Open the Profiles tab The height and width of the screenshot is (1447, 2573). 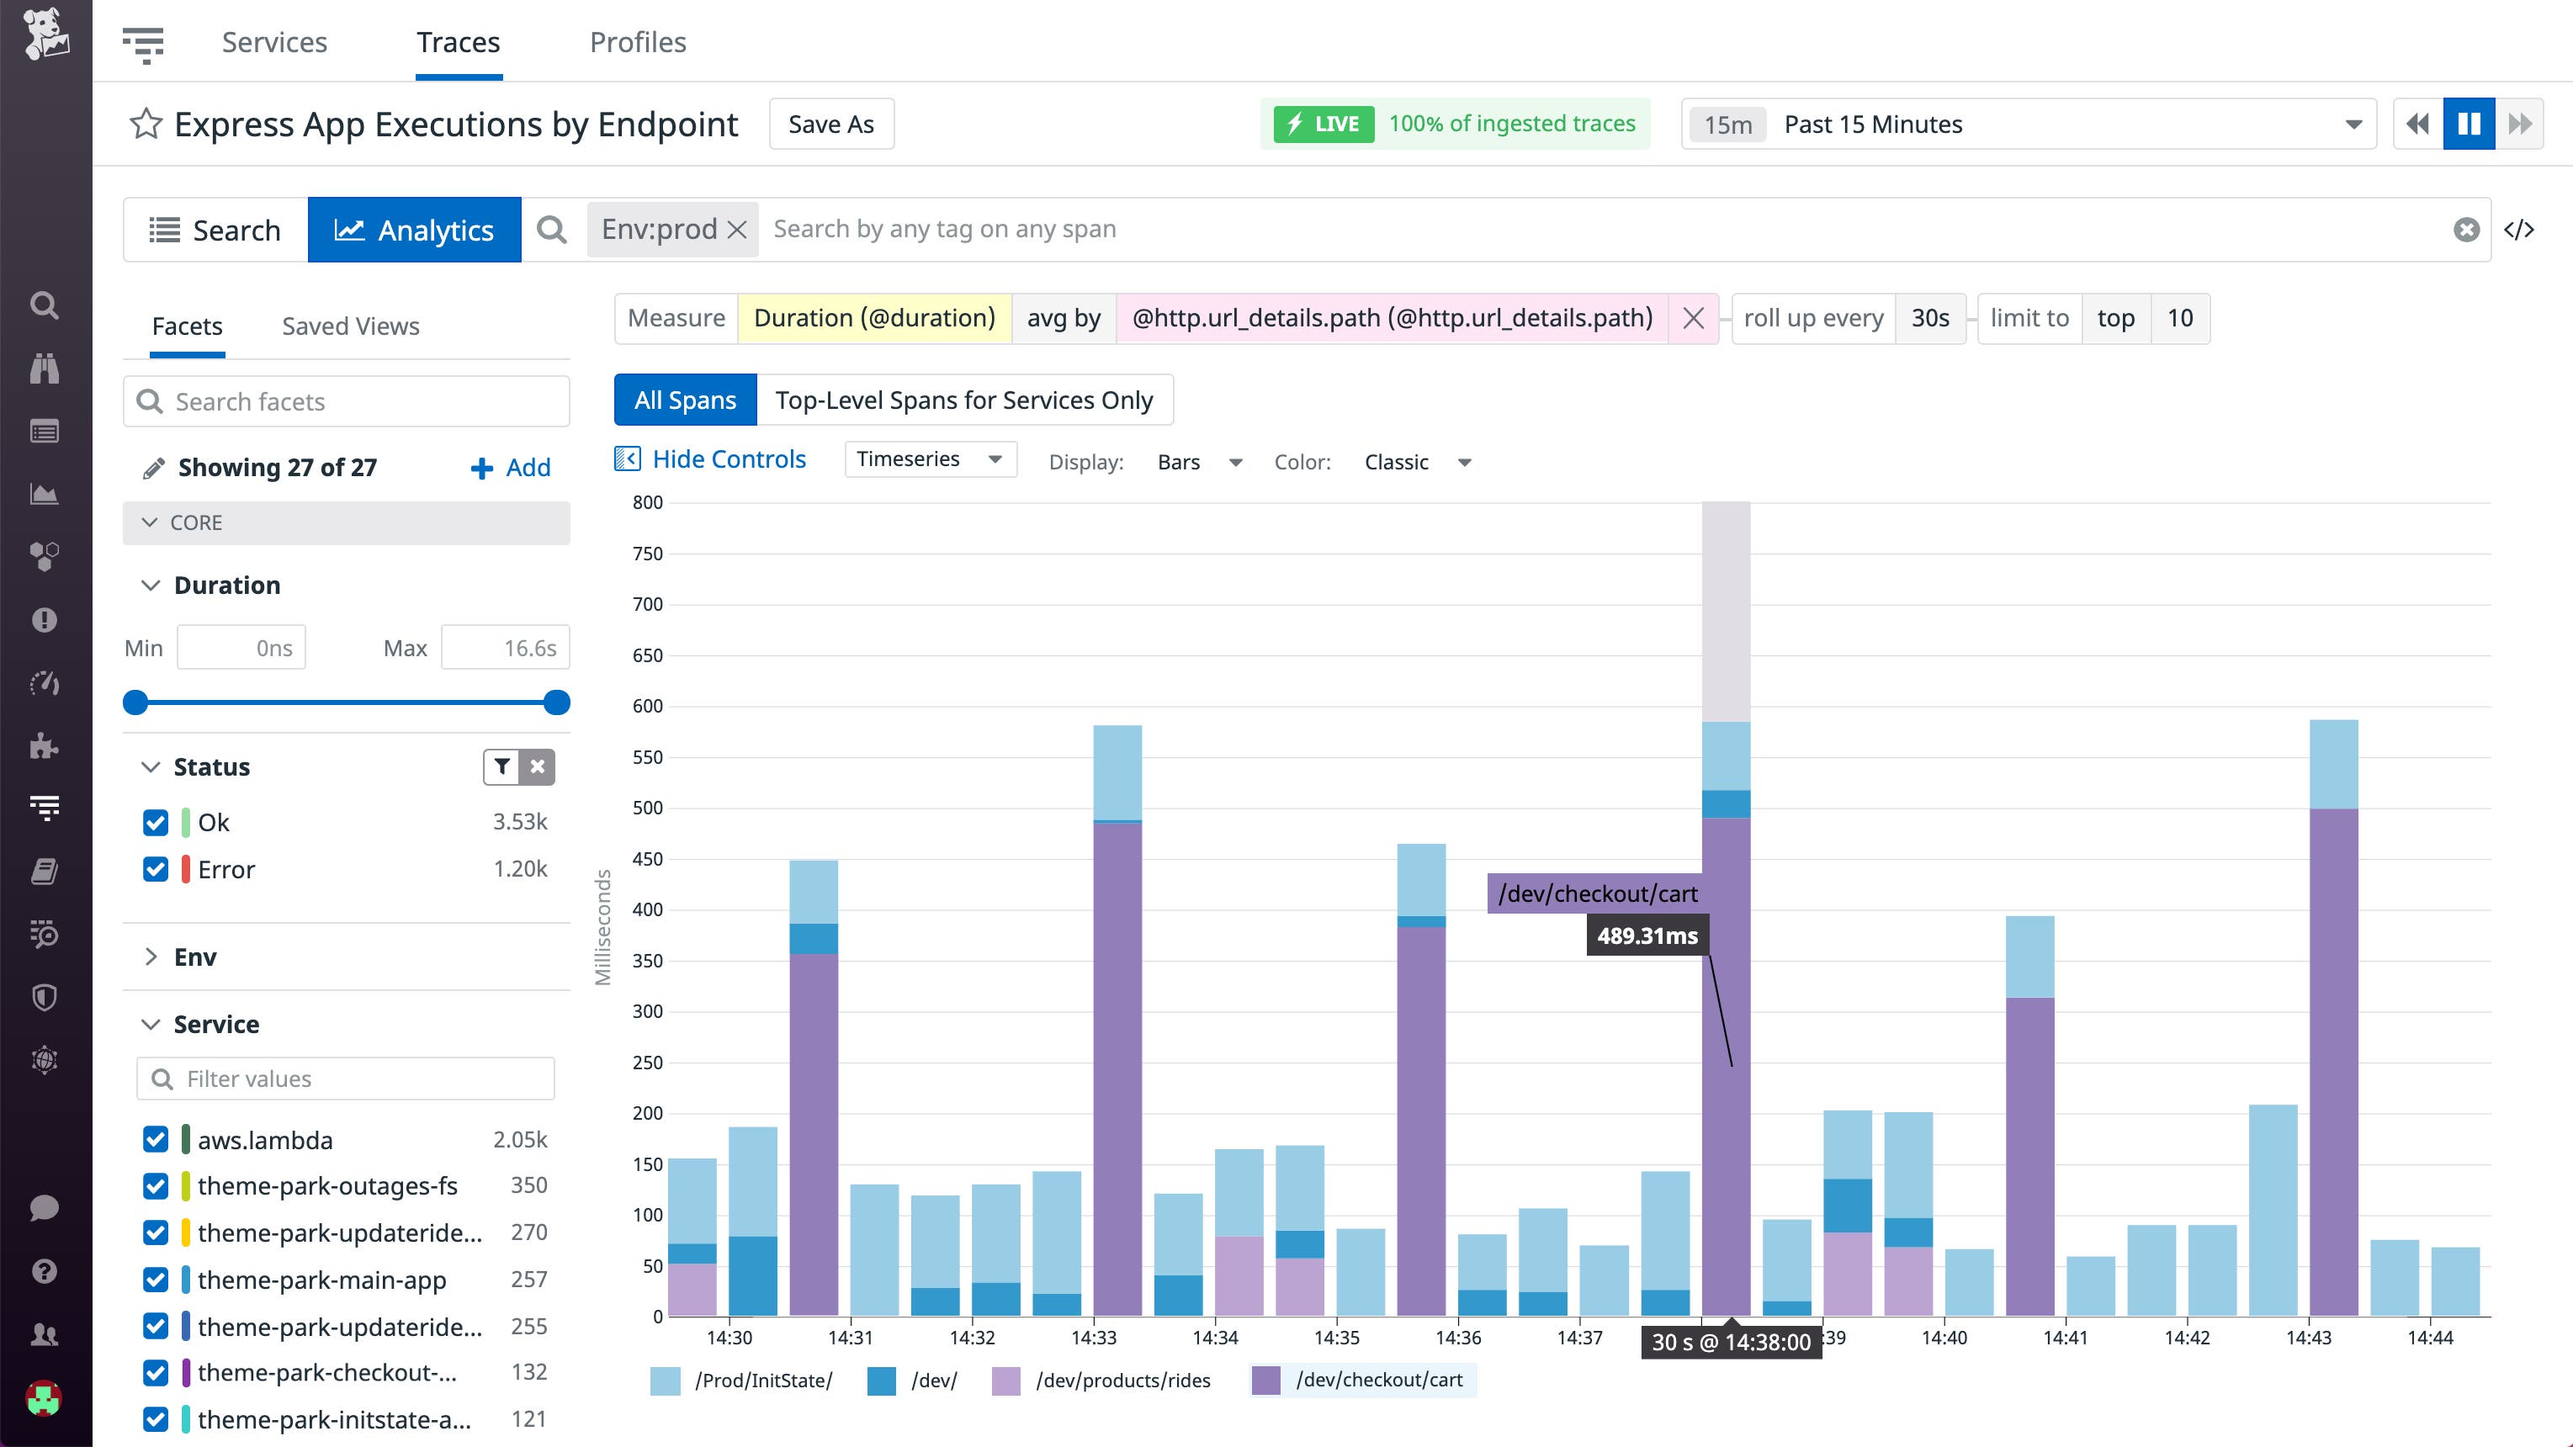(637, 42)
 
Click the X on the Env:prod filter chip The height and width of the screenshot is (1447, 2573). (737, 230)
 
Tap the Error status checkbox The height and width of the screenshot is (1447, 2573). (156, 869)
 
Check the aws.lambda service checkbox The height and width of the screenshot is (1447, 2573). (156, 1139)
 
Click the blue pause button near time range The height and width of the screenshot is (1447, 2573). (2468, 124)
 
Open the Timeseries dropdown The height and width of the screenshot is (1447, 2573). (929, 459)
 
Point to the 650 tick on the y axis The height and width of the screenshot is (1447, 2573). (647, 655)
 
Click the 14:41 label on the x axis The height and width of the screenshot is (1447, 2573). (2065, 1337)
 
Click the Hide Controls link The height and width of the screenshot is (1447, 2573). (728, 459)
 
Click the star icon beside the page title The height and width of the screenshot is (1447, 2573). (146, 124)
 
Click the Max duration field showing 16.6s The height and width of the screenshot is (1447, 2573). (506, 648)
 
